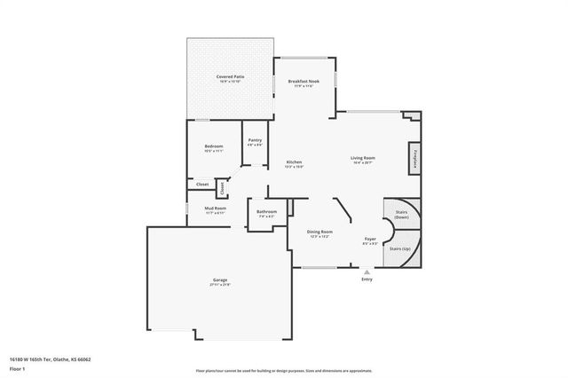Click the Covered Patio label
pos(231,77)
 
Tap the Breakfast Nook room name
pos(304,81)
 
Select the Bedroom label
pos(213,146)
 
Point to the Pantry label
pos(255,140)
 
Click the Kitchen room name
pos(294,162)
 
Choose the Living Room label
pos(364,158)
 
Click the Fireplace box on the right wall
pos(414,158)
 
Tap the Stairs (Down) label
pos(401,214)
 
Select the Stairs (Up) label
pos(400,248)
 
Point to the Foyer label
pos(370,239)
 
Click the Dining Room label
pos(319,232)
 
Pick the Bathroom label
pos(266,212)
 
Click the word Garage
pos(220,280)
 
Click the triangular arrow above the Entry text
pos(367,272)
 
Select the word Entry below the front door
pos(367,280)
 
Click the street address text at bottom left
pos(51,359)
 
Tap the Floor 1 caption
pos(18,367)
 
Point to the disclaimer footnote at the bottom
pos(284,369)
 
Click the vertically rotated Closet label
pos(222,187)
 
